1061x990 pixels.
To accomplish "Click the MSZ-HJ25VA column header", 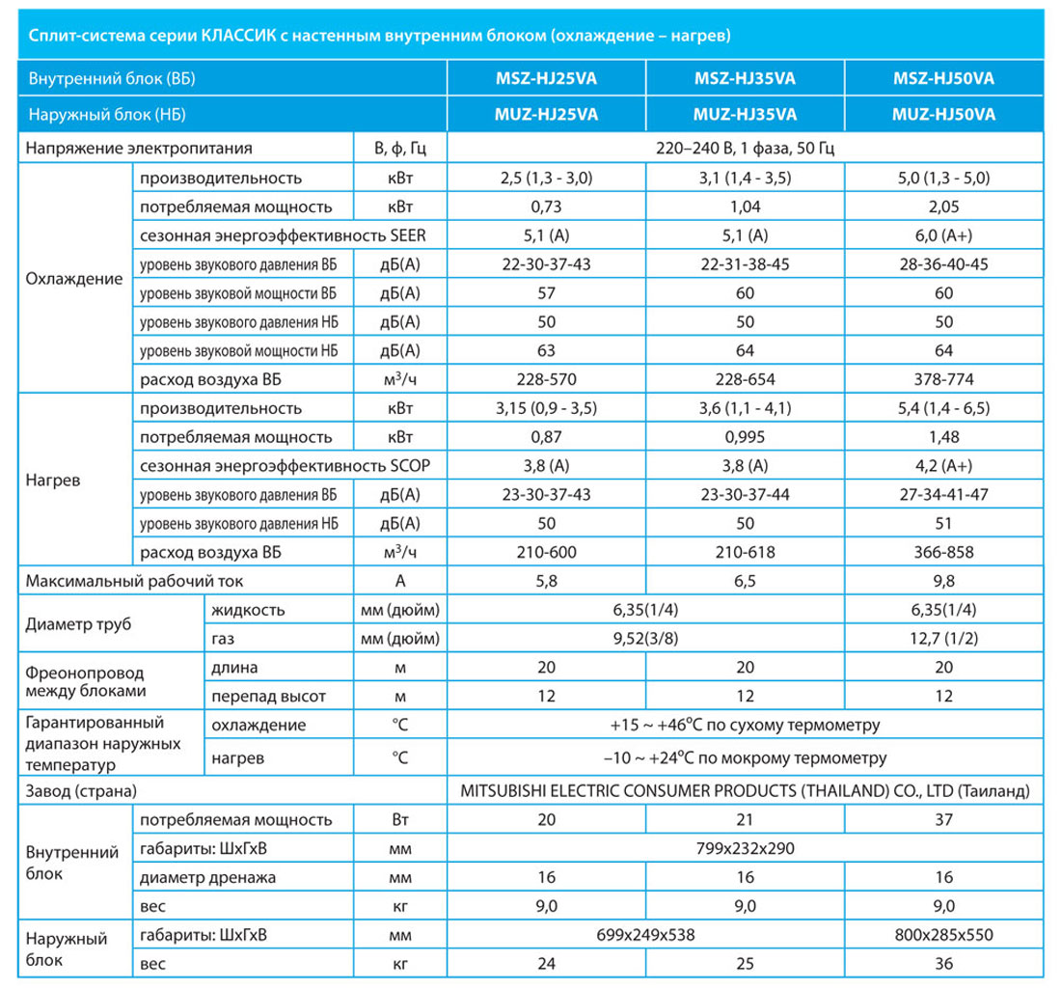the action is coord(546,78).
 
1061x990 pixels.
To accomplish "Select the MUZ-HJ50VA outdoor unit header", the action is coord(943,115).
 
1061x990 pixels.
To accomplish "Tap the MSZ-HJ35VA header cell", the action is coord(745,78).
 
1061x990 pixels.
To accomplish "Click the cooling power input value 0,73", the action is coord(546,206).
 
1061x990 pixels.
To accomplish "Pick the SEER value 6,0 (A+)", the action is coord(943,235).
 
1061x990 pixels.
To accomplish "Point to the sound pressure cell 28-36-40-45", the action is coord(943,264).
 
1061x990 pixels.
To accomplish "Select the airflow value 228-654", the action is coord(745,379).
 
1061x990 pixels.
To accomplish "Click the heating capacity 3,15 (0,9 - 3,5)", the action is coord(546,408).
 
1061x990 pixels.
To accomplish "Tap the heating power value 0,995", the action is coord(745,437).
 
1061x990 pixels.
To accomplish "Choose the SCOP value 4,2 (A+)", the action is coord(943,465).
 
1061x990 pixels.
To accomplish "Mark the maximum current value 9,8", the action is coord(943,581).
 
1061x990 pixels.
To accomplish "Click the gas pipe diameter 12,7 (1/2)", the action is coord(943,638).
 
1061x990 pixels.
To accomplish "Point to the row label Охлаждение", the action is coord(73,279).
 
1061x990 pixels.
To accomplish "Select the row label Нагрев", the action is coord(53,481).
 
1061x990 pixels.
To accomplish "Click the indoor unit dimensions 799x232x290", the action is coord(745,848).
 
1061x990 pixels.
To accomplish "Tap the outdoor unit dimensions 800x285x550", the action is coord(943,934).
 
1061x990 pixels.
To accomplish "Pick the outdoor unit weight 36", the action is coord(943,964).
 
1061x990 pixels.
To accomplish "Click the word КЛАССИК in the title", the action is coord(238,35).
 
